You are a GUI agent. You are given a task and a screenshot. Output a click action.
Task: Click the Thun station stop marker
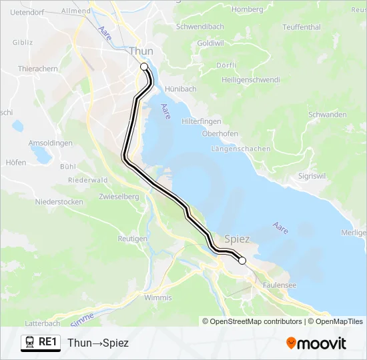coord(143,66)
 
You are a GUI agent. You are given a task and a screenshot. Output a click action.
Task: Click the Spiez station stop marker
coord(242,260)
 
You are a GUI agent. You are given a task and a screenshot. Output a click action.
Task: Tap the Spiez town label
coord(238,239)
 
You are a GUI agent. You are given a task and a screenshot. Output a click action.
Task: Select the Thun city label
coord(141,51)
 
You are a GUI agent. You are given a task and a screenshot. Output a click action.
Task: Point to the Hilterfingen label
coord(201,122)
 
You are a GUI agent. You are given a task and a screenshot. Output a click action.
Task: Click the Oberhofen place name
coord(220,133)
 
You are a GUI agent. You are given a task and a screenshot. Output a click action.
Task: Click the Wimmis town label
coord(158,297)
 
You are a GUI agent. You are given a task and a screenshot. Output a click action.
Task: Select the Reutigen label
coord(132,238)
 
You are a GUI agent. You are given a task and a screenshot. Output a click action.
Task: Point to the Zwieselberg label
coord(119,197)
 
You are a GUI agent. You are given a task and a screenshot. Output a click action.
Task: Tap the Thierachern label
coord(38,69)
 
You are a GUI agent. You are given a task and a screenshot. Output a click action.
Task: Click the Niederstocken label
coord(59,201)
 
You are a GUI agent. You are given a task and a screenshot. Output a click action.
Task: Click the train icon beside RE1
coord(30,343)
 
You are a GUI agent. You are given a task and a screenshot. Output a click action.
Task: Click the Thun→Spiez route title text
coord(98,343)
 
